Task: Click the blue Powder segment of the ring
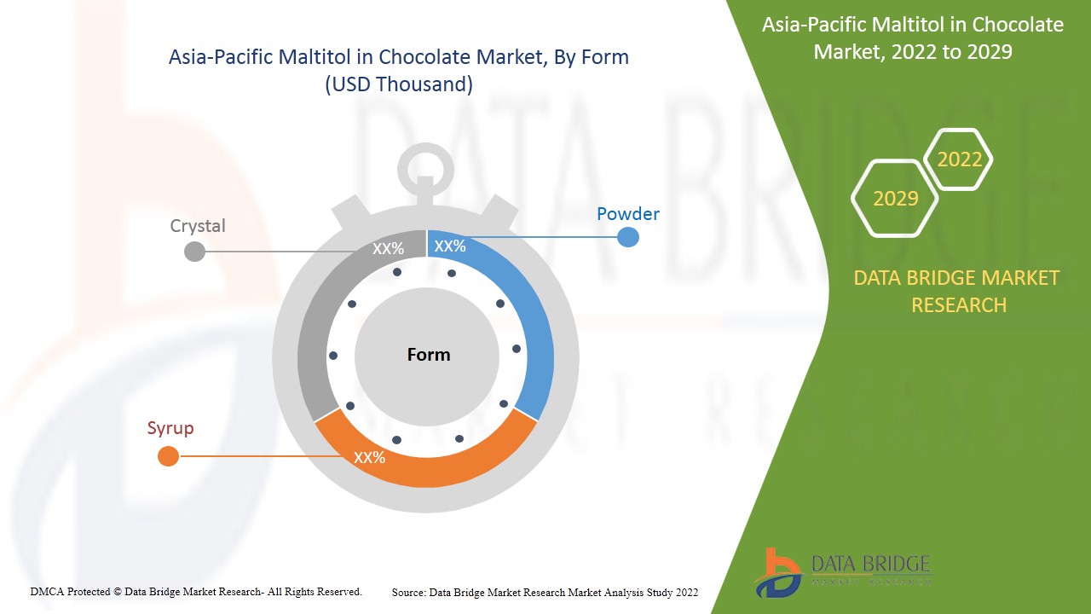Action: point(528,324)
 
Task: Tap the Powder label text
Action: point(627,214)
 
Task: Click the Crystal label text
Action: point(198,226)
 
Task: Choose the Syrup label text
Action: point(170,428)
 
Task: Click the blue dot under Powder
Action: point(627,237)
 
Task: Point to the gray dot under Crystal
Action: point(195,251)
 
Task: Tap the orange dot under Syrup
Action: point(169,456)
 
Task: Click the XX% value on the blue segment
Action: point(450,246)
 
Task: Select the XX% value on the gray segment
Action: point(388,249)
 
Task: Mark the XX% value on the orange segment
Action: point(370,458)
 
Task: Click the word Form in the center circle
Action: point(428,355)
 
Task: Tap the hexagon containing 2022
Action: point(960,159)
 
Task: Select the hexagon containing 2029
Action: point(896,199)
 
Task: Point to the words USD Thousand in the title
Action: point(399,84)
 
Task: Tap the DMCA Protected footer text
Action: point(196,591)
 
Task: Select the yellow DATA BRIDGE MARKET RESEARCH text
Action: point(956,291)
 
